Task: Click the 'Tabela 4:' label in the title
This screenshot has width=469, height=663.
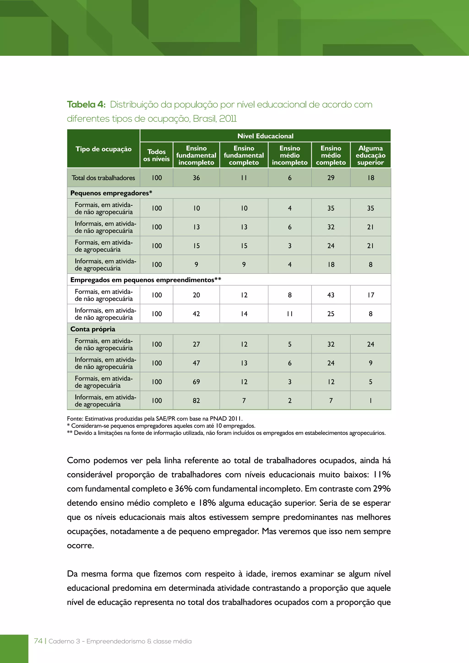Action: pyautogui.click(x=86, y=105)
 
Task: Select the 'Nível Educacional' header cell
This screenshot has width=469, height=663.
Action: pyautogui.click(x=265, y=136)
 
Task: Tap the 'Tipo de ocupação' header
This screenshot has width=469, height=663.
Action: pyautogui.click(x=103, y=149)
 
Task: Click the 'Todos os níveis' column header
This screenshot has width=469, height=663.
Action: pyautogui.click(x=157, y=155)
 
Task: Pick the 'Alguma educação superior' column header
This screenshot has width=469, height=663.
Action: pyautogui.click(x=370, y=155)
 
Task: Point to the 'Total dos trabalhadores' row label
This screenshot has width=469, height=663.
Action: pyautogui.click(x=103, y=178)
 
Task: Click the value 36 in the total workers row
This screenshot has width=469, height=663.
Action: pyautogui.click(x=196, y=178)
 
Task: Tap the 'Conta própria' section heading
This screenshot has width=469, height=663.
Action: pyautogui.click(x=93, y=329)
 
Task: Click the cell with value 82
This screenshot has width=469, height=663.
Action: pyautogui.click(x=196, y=400)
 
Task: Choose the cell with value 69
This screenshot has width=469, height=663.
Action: pyautogui.click(x=196, y=382)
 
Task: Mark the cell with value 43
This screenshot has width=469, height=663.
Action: pyautogui.click(x=331, y=295)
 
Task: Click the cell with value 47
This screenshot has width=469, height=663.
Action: pyautogui.click(x=196, y=363)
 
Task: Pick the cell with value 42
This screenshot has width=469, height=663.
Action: pyautogui.click(x=196, y=314)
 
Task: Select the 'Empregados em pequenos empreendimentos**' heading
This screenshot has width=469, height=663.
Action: pyautogui.click(x=146, y=280)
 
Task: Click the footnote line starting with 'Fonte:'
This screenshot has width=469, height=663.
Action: pyautogui.click(x=155, y=418)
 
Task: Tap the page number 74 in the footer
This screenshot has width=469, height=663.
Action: pyautogui.click(x=38, y=641)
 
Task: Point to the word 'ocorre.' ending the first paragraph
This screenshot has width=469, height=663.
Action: pyautogui.click(x=80, y=546)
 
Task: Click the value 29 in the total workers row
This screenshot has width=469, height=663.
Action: pyautogui.click(x=331, y=178)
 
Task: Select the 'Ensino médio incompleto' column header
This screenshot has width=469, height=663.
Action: pyautogui.click(x=290, y=155)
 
